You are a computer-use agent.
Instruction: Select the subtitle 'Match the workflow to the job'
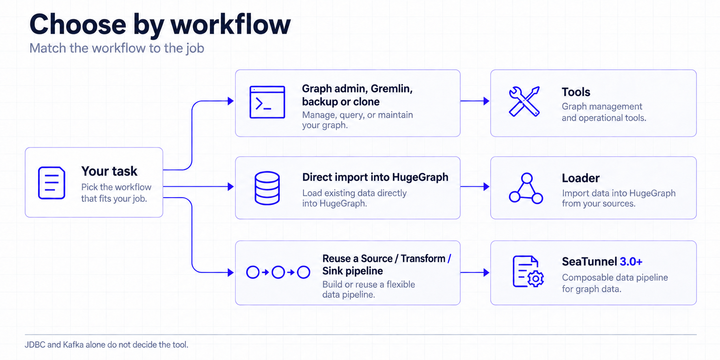[x=117, y=48]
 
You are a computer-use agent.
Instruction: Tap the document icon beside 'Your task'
[x=52, y=183]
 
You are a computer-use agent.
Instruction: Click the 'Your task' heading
[x=109, y=171]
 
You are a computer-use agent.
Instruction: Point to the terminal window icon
[x=267, y=102]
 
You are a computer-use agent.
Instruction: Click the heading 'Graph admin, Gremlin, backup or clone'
[x=357, y=95]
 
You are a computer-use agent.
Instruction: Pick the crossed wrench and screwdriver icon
[x=524, y=101]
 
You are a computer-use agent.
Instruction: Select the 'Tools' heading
[x=576, y=92]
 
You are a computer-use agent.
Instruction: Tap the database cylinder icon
[x=267, y=188]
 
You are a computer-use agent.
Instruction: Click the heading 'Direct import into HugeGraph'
[x=375, y=177]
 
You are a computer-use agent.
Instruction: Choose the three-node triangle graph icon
[x=526, y=188]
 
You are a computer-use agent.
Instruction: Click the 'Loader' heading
[x=581, y=178]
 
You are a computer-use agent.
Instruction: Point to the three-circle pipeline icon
[x=278, y=272]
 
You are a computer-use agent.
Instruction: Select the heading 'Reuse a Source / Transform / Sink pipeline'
[x=387, y=265]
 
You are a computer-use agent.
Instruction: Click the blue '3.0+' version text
[x=631, y=262]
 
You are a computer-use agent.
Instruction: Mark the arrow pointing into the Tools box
[x=475, y=101]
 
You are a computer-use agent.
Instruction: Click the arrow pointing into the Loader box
[x=475, y=187]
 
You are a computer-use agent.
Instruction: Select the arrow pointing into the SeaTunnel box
[x=475, y=273]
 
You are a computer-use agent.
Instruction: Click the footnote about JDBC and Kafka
[x=106, y=345]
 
